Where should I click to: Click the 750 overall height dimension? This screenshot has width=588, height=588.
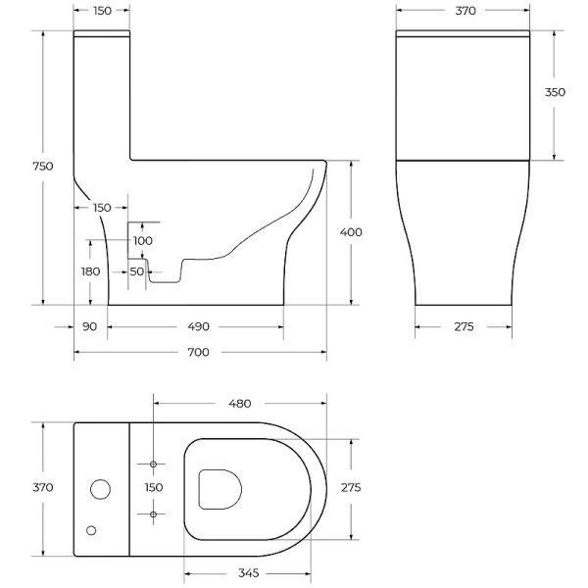pyautogui.click(x=41, y=167)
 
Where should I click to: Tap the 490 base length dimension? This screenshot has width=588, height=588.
pyautogui.click(x=199, y=326)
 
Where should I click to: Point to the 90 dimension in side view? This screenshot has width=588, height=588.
pyautogui.click(x=90, y=326)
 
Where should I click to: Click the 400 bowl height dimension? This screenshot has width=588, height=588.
pyautogui.click(x=350, y=232)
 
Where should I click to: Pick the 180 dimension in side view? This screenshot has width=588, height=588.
pyautogui.click(x=91, y=270)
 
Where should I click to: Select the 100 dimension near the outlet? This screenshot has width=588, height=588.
pyautogui.click(x=142, y=240)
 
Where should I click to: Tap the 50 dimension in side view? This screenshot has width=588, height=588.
pyautogui.click(x=136, y=271)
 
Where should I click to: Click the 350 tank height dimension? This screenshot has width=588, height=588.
pyautogui.click(x=555, y=92)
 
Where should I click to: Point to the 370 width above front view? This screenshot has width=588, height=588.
pyautogui.click(x=465, y=11)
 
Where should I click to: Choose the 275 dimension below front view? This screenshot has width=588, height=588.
pyautogui.click(x=464, y=326)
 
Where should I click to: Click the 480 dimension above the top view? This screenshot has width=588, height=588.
pyautogui.click(x=240, y=403)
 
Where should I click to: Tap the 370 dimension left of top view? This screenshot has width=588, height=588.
pyautogui.click(x=42, y=487)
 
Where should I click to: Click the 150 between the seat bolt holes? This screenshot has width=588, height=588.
pyautogui.click(x=154, y=487)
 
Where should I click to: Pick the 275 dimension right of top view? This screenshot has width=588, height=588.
pyautogui.click(x=350, y=487)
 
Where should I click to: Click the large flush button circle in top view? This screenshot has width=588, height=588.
pyautogui.click(x=100, y=488)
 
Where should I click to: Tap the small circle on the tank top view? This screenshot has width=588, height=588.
pyautogui.click(x=92, y=530)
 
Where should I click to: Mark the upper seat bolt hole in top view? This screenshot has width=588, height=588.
pyautogui.click(x=154, y=463)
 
